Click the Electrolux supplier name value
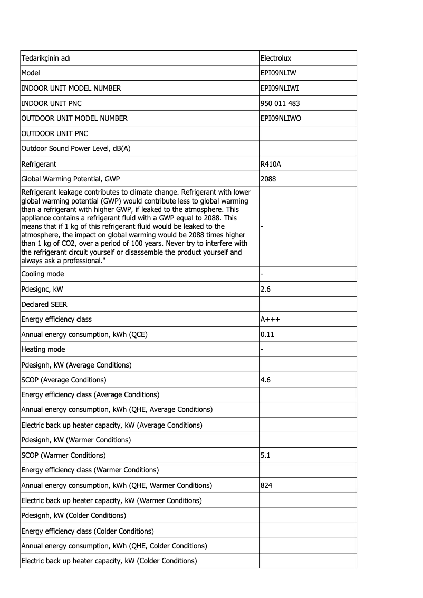pyautogui.click(x=276, y=58)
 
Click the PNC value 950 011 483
pyautogui.click(x=280, y=103)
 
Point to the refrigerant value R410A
pyautogui.click(x=271, y=164)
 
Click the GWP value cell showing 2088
pyautogui.click(x=268, y=179)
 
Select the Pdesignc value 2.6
pyautogui.click(x=265, y=289)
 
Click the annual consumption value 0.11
pyautogui.click(x=267, y=334)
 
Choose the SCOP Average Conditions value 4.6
pyautogui.click(x=265, y=380)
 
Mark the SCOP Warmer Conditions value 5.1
pyautogui.click(x=265, y=455)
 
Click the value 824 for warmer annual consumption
pyautogui.click(x=267, y=485)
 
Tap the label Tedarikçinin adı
pyautogui.click(x=46, y=58)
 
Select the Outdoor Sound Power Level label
pyautogui.click(x=75, y=149)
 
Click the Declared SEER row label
pyautogui.click(x=44, y=304)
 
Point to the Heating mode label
pyautogui.click(x=43, y=349)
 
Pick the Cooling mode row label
pyautogui.click(x=43, y=274)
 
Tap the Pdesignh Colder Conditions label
pyautogui.click(x=74, y=515)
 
